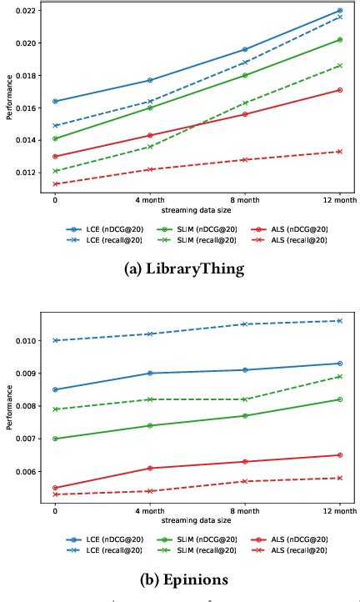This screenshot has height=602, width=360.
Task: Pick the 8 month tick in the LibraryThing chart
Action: (245, 200)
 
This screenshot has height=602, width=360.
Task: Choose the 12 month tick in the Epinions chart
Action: (340, 513)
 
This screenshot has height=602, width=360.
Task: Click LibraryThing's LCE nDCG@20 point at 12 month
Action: (340, 11)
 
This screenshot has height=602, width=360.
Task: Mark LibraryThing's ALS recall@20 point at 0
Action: (55, 184)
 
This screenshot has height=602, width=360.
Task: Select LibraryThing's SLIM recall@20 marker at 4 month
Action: (150, 147)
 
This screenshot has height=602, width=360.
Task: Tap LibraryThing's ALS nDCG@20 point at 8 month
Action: (245, 114)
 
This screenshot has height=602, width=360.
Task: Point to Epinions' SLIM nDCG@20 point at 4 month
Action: (150, 425)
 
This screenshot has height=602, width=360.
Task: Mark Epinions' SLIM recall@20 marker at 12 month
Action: (340, 376)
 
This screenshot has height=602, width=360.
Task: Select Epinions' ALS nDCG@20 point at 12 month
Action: (340, 455)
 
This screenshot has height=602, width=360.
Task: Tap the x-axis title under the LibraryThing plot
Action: (197, 211)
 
